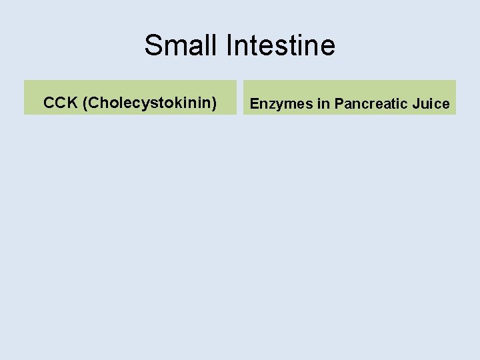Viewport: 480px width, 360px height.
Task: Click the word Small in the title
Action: pyautogui.click(x=182, y=45)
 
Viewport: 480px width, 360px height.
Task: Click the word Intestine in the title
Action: pyautogui.click(x=281, y=45)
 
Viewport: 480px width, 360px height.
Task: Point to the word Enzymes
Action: pyautogui.click(x=281, y=104)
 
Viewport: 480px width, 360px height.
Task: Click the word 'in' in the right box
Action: pyautogui.click(x=323, y=104)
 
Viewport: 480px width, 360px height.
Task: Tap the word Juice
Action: pyautogui.click(x=433, y=104)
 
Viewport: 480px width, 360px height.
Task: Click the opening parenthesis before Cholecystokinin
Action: pyautogui.click(x=85, y=103)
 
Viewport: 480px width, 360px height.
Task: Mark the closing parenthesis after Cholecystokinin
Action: pyautogui.click(x=214, y=103)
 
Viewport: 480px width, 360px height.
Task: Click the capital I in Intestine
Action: pyautogui.click(x=230, y=45)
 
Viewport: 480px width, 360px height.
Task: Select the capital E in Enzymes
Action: pyautogui.click(x=255, y=104)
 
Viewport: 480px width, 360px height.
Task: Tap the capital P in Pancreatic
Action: pyautogui.click(x=339, y=104)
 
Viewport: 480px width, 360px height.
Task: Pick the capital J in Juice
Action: pyautogui.click(x=420, y=104)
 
